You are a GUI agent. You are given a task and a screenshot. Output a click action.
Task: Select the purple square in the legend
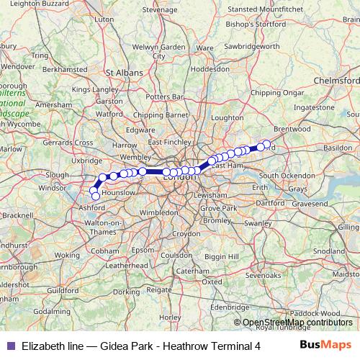10,346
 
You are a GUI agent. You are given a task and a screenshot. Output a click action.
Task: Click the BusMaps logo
326,345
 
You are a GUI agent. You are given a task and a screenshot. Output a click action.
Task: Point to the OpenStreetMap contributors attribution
298,323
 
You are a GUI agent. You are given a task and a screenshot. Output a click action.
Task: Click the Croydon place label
186,234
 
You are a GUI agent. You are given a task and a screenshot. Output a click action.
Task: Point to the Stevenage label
160,11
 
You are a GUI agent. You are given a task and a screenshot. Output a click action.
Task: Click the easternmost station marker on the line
266,144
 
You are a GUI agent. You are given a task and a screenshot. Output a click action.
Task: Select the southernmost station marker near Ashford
96,196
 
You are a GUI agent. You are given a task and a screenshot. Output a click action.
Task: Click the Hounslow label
119,193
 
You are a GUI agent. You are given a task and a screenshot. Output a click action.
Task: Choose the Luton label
104,37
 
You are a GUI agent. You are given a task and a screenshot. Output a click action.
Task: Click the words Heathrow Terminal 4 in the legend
212,346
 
